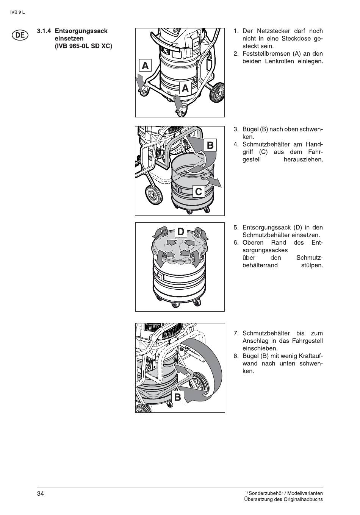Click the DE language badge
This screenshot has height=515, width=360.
[x=19, y=35]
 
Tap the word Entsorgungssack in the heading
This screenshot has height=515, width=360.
[x=81, y=31]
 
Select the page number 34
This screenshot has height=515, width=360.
[x=41, y=493]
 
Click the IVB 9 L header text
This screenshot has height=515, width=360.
[x=17, y=12]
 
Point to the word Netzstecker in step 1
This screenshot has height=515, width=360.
[x=271, y=31]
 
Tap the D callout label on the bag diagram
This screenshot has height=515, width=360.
[x=181, y=231]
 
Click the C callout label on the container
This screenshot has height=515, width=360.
[x=198, y=192]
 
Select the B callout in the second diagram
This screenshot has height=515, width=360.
[x=210, y=145]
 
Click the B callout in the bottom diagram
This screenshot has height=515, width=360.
[x=177, y=397]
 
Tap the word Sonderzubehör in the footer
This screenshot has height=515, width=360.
[x=266, y=493]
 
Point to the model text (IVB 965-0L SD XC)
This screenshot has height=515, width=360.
[x=83, y=46]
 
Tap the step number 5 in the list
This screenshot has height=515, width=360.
[x=236, y=228]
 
